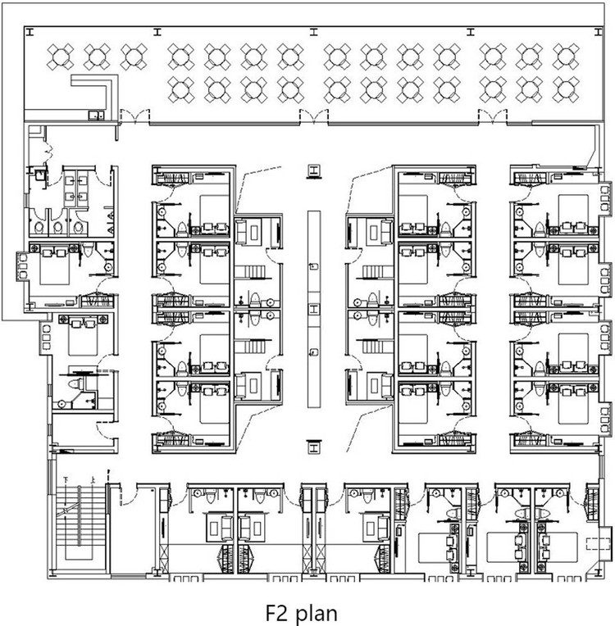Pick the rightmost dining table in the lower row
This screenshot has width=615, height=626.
click(565, 88)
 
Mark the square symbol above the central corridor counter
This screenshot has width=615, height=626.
click(312, 170)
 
